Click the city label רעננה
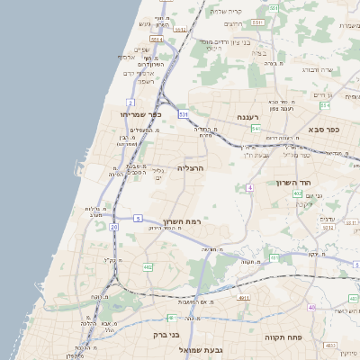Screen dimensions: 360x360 click(x=247, y=117)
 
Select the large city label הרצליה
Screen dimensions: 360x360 click(x=191, y=168)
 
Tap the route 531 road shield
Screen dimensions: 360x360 click(x=183, y=114)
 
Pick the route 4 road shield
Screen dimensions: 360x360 click(x=249, y=186)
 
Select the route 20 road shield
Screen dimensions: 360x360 click(x=113, y=227)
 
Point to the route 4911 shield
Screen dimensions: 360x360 click(x=244, y=296)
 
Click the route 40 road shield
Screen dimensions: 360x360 click(x=311, y=307)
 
